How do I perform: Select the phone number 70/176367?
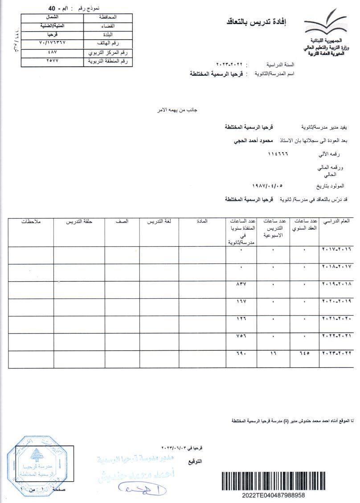tap(52, 43)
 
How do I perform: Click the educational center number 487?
tap(52, 53)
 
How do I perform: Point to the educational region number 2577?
tap(52, 61)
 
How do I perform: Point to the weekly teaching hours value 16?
tap(273, 353)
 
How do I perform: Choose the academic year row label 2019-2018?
tap(336, 284)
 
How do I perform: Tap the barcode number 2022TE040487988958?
tap(273, 495)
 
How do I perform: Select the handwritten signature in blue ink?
tap(143, 488)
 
